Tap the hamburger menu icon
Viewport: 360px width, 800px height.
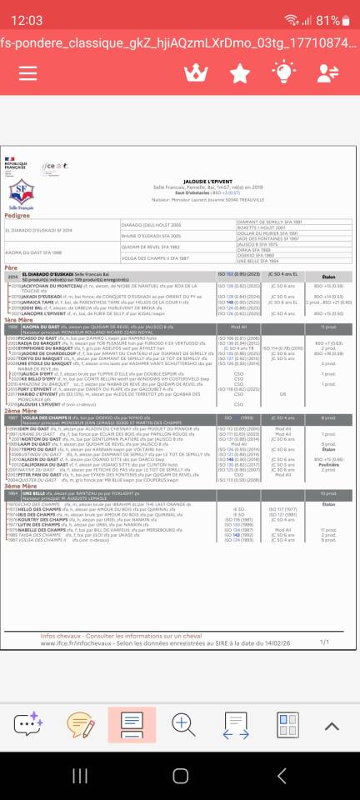[x=32, y=73]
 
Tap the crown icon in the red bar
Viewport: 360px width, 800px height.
[x=195, y=73]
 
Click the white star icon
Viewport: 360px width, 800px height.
[x=239, y=73]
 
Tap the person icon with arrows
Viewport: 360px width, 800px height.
[x=328, y=73]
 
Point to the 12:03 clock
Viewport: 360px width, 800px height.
[x=27, y=20]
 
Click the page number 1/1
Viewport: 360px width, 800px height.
[x=324, y=642]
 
